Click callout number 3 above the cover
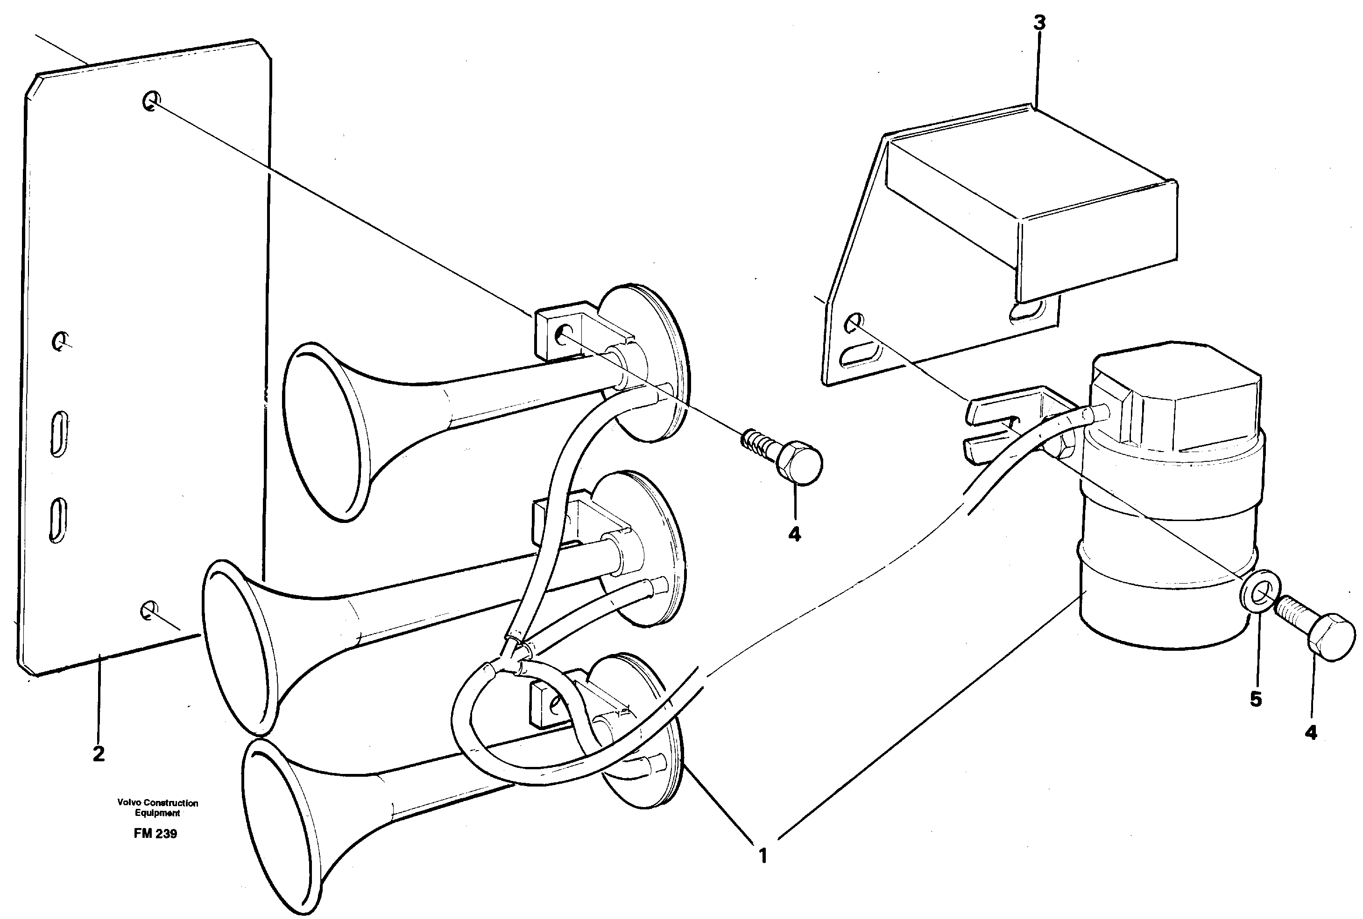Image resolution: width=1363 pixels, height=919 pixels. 1038,23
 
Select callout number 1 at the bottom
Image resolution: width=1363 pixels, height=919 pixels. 763,856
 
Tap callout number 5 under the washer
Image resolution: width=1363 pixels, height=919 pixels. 1256,699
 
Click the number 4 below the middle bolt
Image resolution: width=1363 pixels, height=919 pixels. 794,534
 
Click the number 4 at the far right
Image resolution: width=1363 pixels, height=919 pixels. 1311,732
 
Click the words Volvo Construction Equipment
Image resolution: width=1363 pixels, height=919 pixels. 157,808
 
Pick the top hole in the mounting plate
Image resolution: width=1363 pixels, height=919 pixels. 151,101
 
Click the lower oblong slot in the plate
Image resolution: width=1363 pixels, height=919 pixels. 58,520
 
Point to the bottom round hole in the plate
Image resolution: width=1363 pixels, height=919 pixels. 149,611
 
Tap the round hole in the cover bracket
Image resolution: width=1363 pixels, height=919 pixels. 855,320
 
